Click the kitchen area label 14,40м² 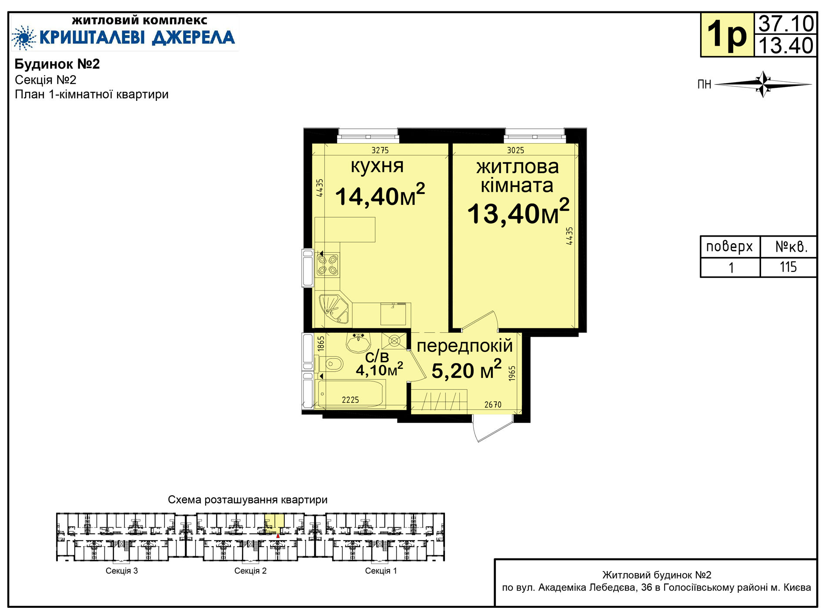(x=380, y=195)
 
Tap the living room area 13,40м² (x=518, y=212)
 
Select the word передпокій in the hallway (x=464, y=346)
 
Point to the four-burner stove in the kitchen (x=327, y=265)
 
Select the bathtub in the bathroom (x=351, y=394)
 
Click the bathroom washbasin (x=358, y=342)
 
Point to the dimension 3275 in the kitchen (x=380, y=150)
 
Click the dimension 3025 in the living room (x=515, y=150)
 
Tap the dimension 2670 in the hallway (x=493, y=405)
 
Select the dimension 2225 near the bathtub (x=350, y=400)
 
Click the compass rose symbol (x=763, y=84)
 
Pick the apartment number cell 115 (x=788, y=267)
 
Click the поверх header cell (x=730, y=247)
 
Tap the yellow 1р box (x=727, y=35)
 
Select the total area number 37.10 (x=786, y=23)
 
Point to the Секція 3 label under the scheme (x=122, y=571)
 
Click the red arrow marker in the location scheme (x=278, y=535)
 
